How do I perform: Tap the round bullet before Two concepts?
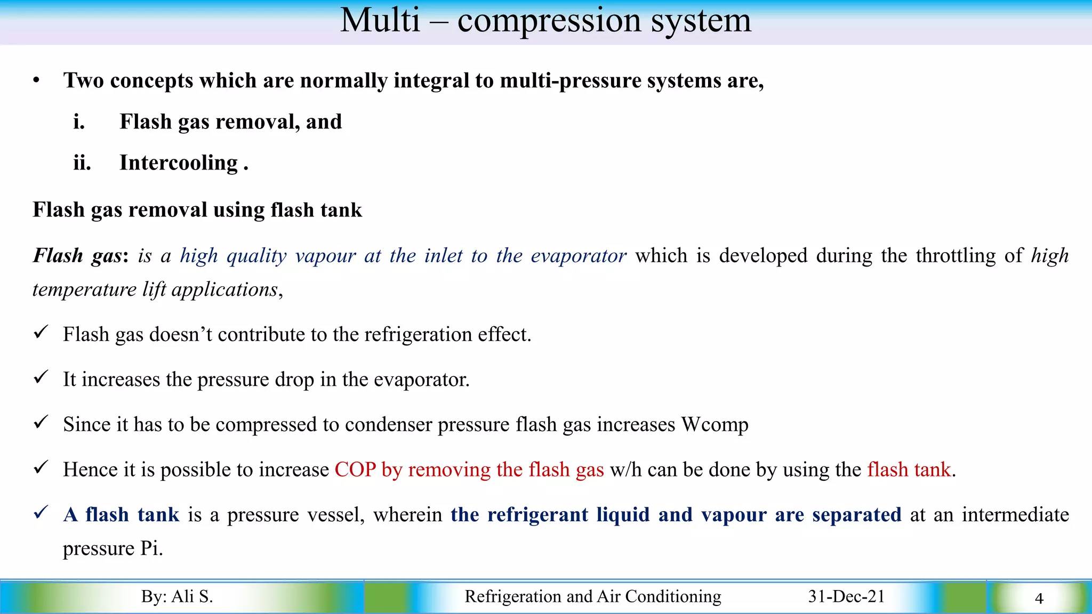(x=36, y=81)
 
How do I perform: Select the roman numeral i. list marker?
(x=79, y=122)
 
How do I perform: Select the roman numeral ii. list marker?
(x=82, y=163)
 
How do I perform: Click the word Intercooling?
(x=179, y=163)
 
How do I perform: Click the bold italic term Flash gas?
(x=80, y=256)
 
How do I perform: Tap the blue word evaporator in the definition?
(x=578, y=256)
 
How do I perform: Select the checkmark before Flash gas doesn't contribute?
(x=41, y=333)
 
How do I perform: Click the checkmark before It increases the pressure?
(x=41, y=377)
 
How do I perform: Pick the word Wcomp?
(x=715, y=425)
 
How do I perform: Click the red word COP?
(x=355, y=470)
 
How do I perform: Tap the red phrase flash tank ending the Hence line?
(x=909, y=470)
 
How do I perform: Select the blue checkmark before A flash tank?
(x=41, y=513)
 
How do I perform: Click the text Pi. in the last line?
(x=151, y=548)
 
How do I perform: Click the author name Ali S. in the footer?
(x=191, y=596)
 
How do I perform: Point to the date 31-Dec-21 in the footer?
(x=846, y=596)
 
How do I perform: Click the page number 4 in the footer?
(x=1039, y=599)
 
